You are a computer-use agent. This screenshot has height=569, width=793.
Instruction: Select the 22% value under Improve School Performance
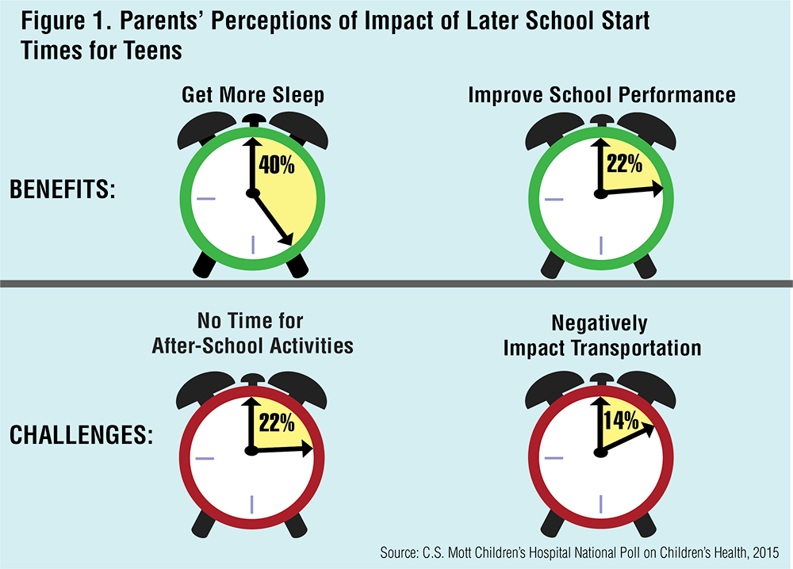pyautogui.click(x=625, y=163)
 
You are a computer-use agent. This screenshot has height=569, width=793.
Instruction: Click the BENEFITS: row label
pyautogui.click(x=63, y=190)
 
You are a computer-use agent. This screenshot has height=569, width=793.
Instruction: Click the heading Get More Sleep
pyautogui.click(x=253, y=96)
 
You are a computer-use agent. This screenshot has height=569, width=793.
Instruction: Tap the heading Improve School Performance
pyautogui.click(x=601, y=96)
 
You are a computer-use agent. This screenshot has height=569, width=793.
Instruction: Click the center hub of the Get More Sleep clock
pyautogui.click(x=252, y=193)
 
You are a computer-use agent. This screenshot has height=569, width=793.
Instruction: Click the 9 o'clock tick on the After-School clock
pyautogui.click(x=205, y=456)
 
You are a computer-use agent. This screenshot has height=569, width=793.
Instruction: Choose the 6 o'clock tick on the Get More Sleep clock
pyautogui.click(x=252, y=245)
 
